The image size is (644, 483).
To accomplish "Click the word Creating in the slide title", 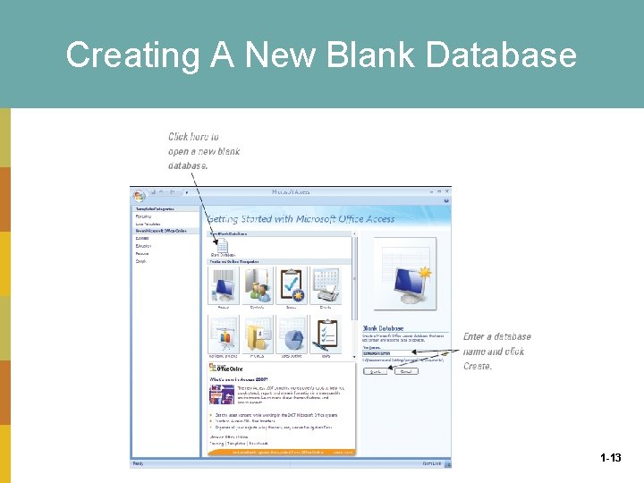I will pyautogui.click(x=122, y=55).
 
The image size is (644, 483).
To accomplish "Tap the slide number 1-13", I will pyautogui.click(x=611, y=458).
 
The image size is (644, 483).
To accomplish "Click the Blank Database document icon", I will pyautogui.click(x=221, y=245).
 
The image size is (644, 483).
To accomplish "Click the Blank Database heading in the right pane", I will pyautogui.click(x=383, y=328).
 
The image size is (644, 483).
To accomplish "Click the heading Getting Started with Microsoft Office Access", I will pyautogui.click(x=301, y=219).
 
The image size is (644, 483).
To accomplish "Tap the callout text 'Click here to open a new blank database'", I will pyautogui.click(x=204, y=151).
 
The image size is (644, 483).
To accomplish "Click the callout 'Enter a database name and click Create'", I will pyautogui.click(x=496, y=352).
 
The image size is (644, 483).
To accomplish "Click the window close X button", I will pyautogui.click(x=445, y=191).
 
